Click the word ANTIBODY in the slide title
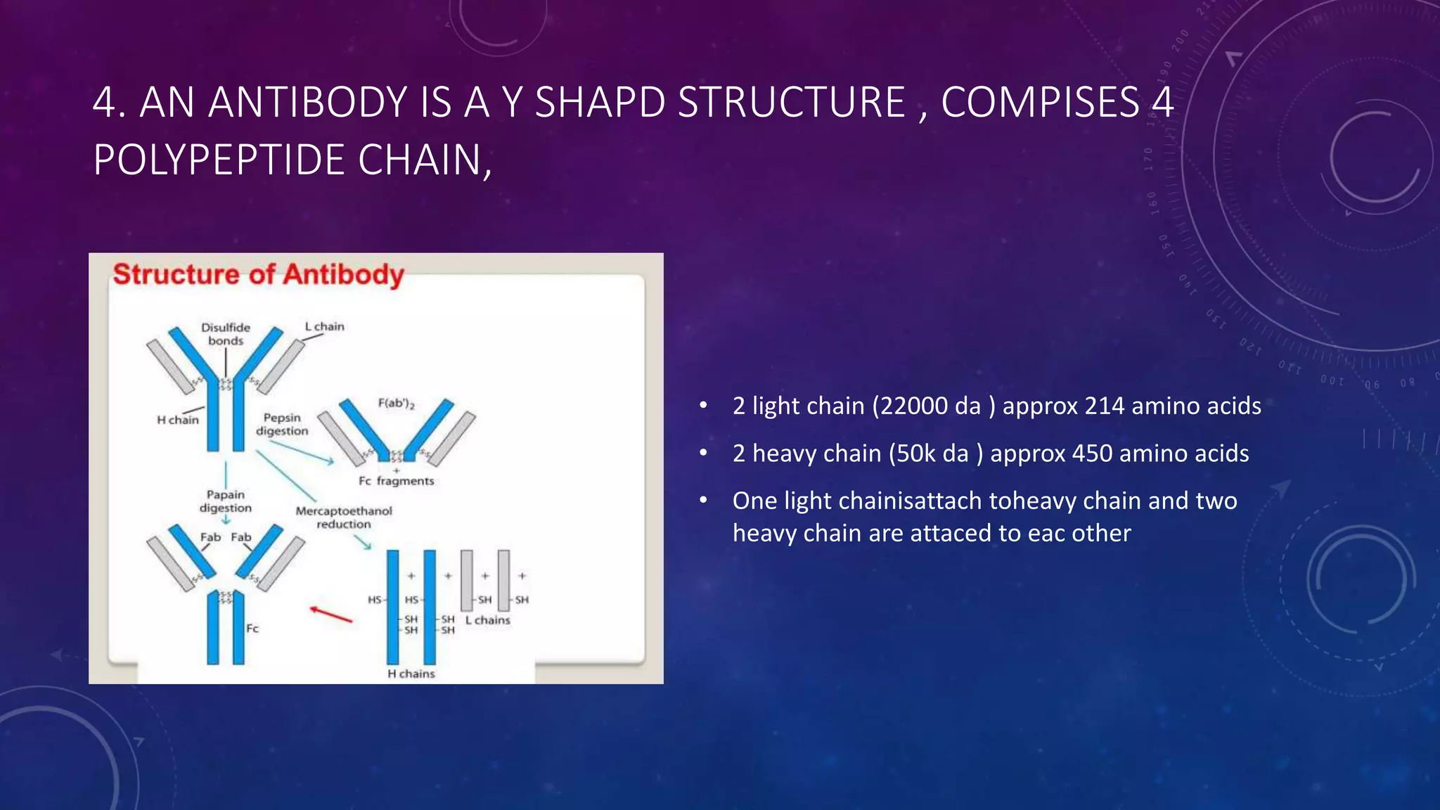click(307, 103)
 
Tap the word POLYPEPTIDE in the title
click(219, 160)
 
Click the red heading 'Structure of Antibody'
click(258, 274)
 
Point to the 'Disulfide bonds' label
click(226, 334)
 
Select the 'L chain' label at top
click(324, 326)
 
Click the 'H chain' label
click(177, 420)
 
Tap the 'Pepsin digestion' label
click(282, 424)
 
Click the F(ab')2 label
click(396, 404)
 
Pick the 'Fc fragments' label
click(396, 481)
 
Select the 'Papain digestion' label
click(225, 501)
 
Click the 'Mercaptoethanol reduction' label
click(344, 517)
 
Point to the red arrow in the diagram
click(331, 615)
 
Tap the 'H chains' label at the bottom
click(411, 674)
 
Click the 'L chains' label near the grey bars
click(487, 620)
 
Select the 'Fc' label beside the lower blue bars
click(252, 628)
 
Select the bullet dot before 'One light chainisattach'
click(703, 500)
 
